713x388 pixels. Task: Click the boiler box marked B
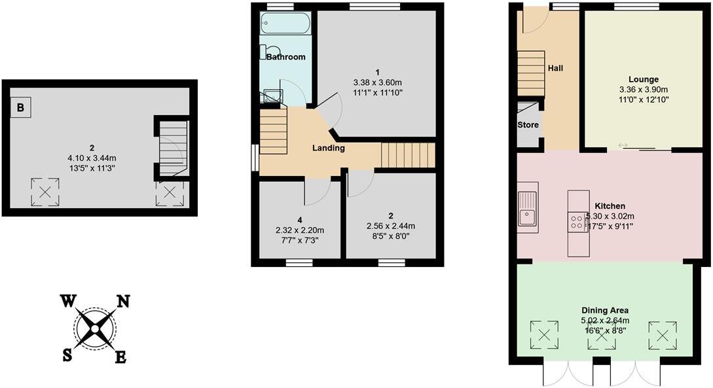21,108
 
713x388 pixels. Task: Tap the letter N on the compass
122,301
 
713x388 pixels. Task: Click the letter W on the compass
68,301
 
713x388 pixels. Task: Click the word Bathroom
285,57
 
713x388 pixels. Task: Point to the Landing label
328,148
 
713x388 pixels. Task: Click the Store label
528,125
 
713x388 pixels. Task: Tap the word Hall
555,68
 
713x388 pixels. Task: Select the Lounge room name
643,79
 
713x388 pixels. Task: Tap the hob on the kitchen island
577,222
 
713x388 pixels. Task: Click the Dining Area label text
605,310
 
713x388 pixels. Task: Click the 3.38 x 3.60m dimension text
377,82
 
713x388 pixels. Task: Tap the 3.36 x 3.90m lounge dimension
644,90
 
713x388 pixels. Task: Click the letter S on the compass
67,355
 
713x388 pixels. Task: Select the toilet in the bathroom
270,52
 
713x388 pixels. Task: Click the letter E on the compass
121,357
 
